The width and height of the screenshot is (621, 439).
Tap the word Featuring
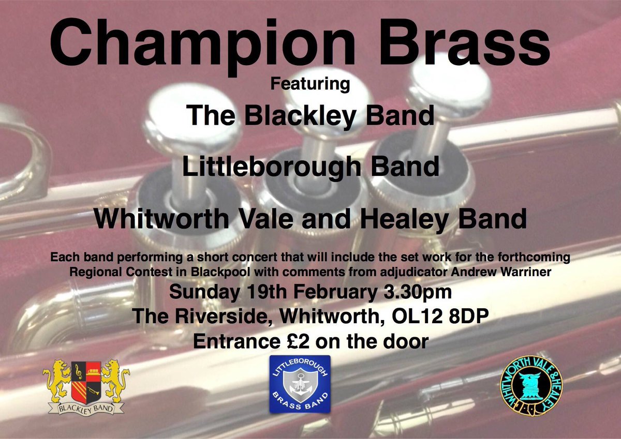(310, 83)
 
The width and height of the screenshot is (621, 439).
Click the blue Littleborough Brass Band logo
(300, 384)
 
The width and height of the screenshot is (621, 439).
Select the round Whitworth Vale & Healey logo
(531, 383)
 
